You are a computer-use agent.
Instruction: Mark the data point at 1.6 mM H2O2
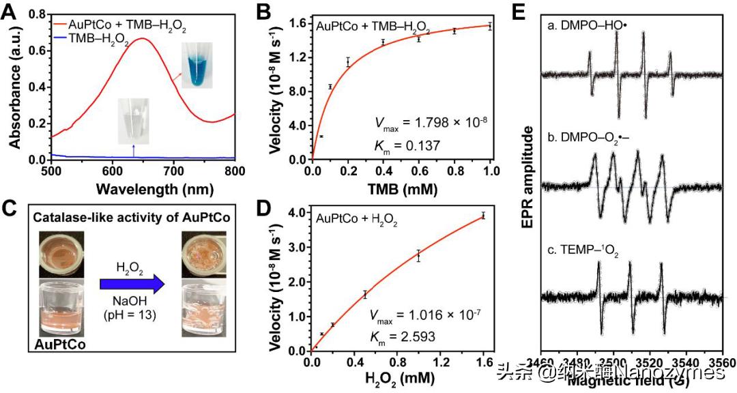point(484,216)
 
